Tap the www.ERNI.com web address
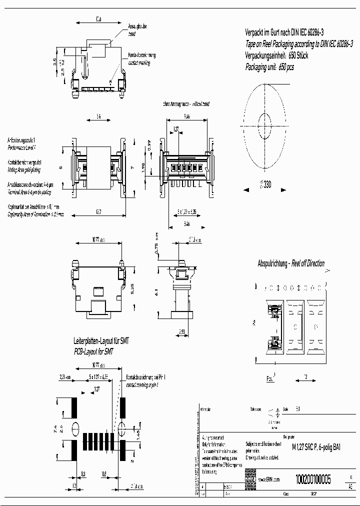pyautogui.click(x=269, y=479)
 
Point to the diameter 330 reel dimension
pyautogui.click(x=264, y=184)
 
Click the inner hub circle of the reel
pyautogui.click(x=264, y=123)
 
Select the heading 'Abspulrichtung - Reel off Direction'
pyautogui.click(x=290, y=263)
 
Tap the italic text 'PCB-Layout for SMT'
pyautogui.click(x=93, y=351)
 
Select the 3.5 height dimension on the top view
pyautogui.click(x=54, y=62)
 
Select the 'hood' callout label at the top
pyautogui.click(x=131, y=34)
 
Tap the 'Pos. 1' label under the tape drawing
pyautogui.click(x=270, y=378)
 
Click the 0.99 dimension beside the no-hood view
pyautogui.click(x=148, y=146)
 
